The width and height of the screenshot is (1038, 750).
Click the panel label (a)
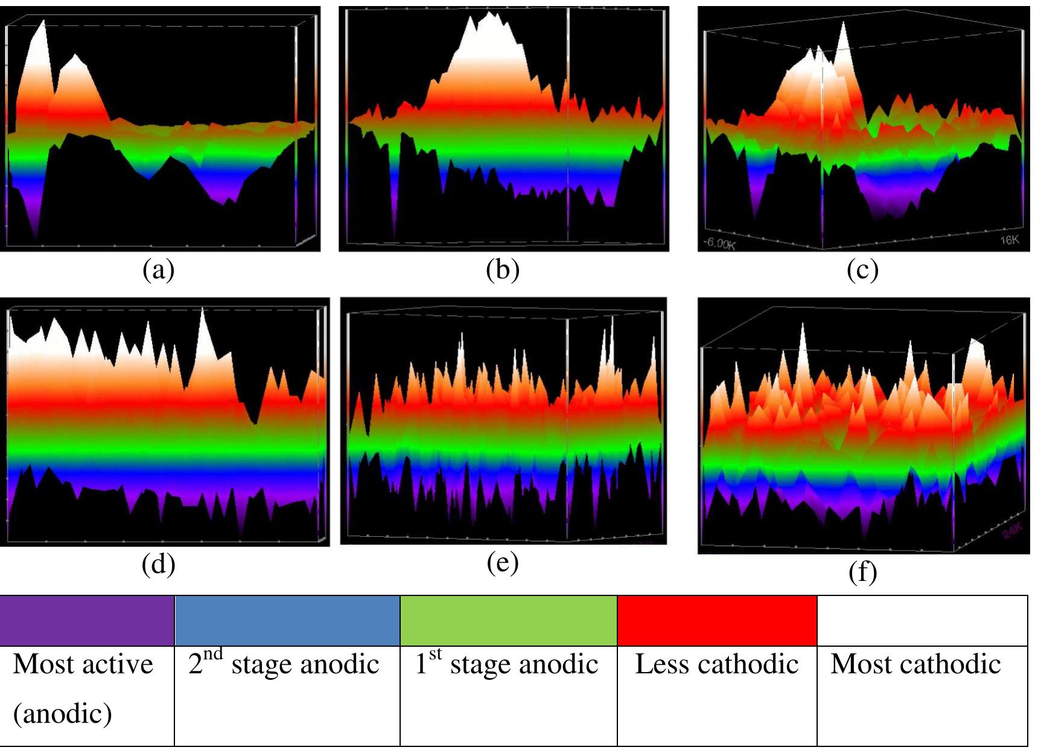[159, 270]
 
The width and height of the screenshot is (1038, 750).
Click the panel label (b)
[503, 270]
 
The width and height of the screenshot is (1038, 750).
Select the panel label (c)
[862, 270]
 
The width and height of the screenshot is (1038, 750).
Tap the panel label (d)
[159, 565]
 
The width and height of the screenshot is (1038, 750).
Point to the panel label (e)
[503, 563]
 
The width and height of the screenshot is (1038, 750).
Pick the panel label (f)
[862, 572]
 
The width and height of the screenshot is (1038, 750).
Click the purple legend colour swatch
[86, 620]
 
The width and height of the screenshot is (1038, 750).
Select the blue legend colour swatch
[287, 620]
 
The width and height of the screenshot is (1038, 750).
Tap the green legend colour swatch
[508, 620]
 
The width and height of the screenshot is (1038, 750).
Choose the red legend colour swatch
[717, 620]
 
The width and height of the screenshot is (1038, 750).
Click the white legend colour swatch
[922, 620]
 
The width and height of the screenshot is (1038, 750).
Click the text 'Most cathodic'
[915, 664]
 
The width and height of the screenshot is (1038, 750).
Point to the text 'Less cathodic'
[717, 664]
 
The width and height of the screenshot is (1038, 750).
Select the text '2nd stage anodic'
[284, 664]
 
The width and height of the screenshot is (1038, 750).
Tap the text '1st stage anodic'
[506, 664]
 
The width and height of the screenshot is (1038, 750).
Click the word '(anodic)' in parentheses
[63, 714]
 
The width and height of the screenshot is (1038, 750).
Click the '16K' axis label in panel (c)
[1009, 240]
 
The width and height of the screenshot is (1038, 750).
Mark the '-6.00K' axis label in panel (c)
[719, 244]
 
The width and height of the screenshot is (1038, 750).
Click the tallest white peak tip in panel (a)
[43, 22]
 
